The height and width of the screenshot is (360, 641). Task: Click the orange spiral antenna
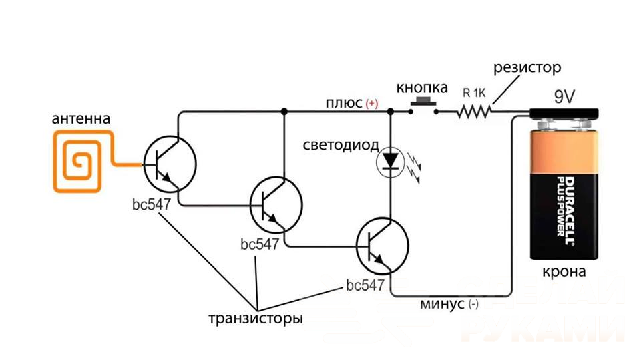pyautogui.click(x=79, y=162)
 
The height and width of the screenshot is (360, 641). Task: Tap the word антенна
pyautogui.click(x=81, y=120)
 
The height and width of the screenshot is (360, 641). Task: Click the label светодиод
pyautogui.click(x=341, y=146)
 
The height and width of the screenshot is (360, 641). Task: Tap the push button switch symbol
pyautogui.click(x=423, y=106)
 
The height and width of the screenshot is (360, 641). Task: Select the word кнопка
pyautogui.click(x=422, y=87)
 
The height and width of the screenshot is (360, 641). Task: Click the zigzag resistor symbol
pyautogui.click(x=474, y=112)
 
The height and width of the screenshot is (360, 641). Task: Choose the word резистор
pyautogui.click(x=527, y=68)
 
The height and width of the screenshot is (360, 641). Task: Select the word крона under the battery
pyautogui.click(x=564, y=273)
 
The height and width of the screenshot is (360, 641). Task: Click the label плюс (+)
pyautogui.click(x=351, y=103)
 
